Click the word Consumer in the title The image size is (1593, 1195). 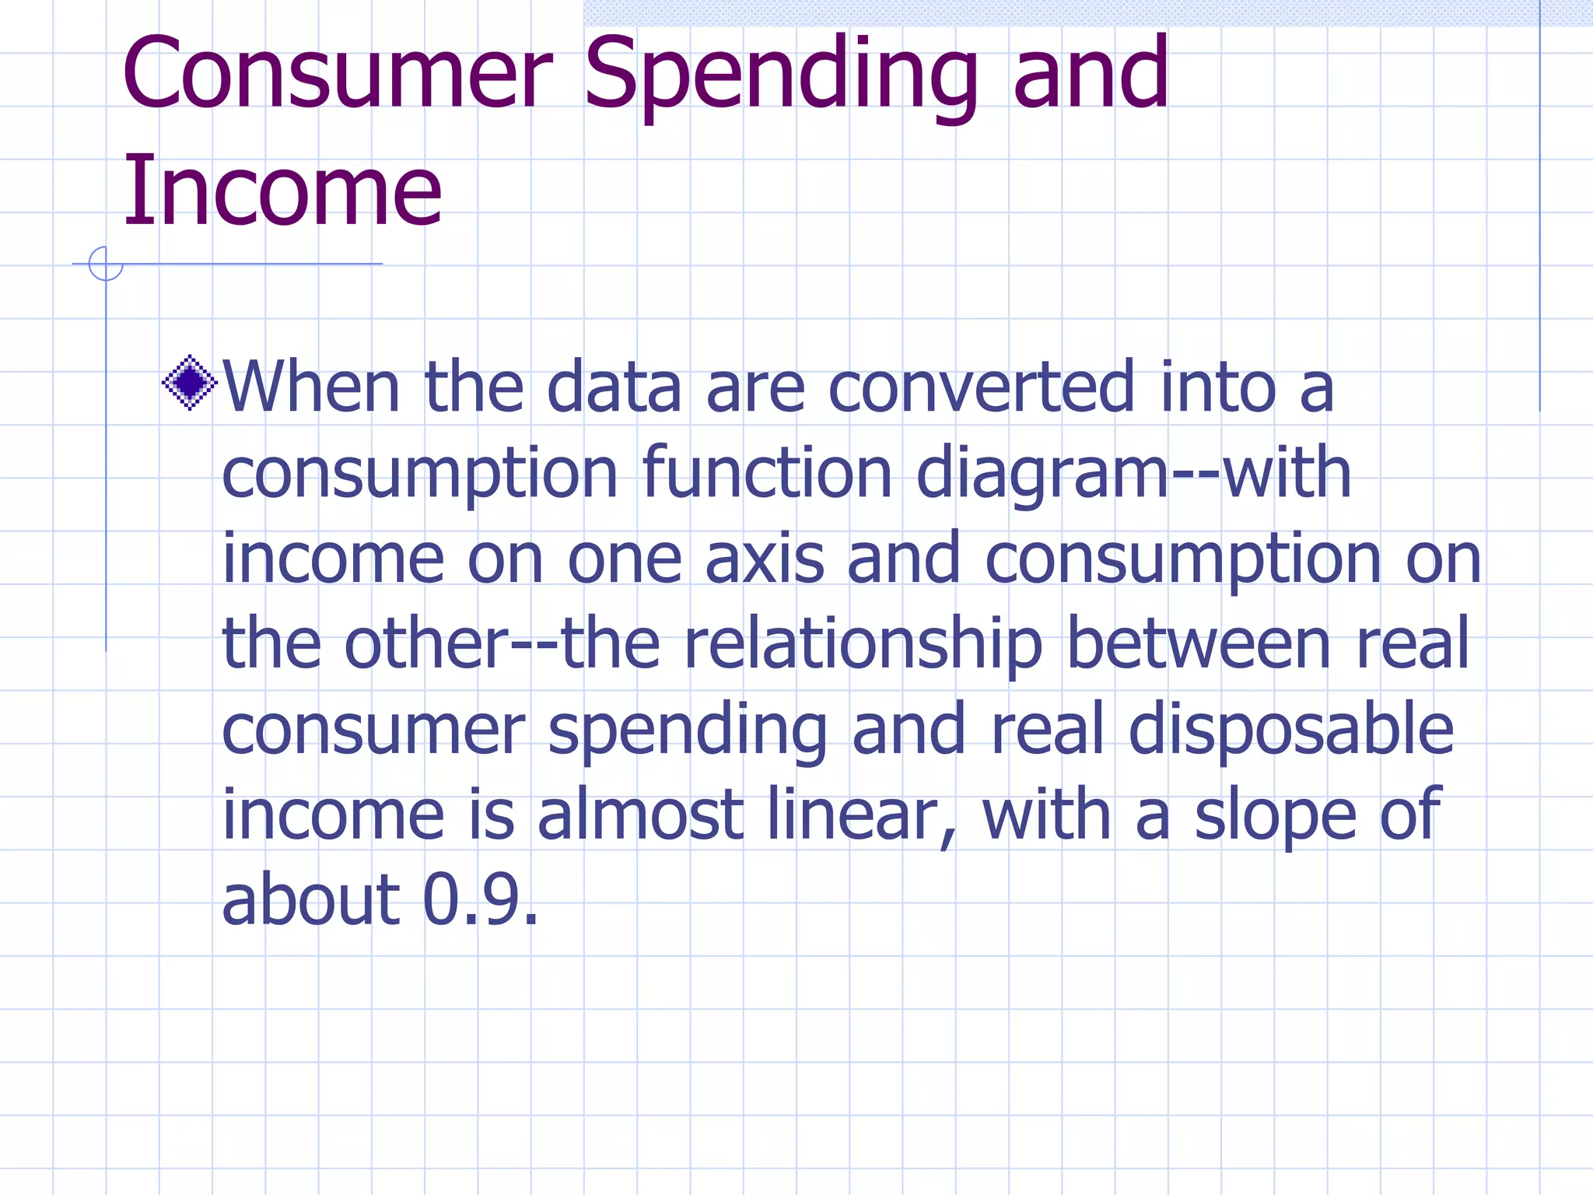click(336, 74)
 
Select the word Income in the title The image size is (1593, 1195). click(282, 191)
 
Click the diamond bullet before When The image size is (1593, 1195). click(189, 382)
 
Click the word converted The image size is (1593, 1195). click(982, 387)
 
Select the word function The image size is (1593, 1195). click(767, 472)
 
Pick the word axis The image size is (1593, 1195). click(764, 558)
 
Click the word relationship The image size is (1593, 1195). click(863, 645)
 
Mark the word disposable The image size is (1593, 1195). click(1290, 731)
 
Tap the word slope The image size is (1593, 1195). click(1276, 817)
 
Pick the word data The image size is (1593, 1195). click(614, 387)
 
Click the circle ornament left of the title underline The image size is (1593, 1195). click(106, 264)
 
